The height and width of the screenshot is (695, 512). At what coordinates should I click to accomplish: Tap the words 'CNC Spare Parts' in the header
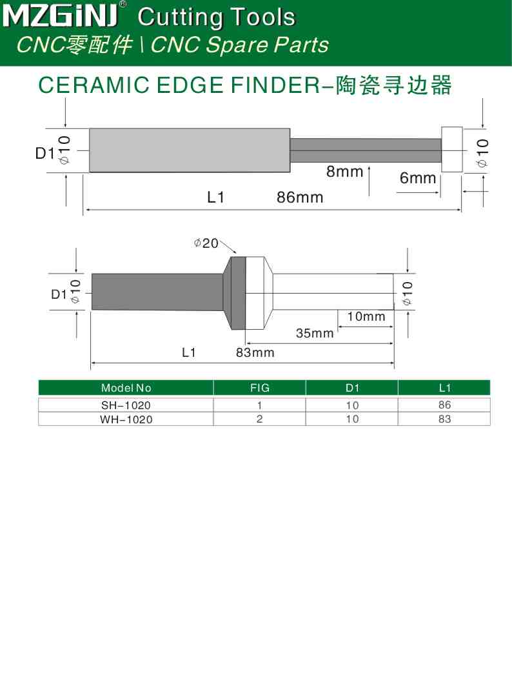[239, 45]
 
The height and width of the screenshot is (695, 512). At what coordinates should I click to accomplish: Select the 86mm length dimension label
[300, 197]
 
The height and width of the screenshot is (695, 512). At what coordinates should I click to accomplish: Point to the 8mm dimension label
[345, 172]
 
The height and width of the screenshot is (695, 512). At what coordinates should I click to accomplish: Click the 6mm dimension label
[418, 178]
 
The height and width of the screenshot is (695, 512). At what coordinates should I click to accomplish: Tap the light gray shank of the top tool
[189, 150]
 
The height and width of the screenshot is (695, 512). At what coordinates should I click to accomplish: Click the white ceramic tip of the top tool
[452, 149]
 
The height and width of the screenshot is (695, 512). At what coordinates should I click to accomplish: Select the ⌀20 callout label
[206, 243]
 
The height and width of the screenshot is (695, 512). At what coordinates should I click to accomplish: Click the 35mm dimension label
[315, 333]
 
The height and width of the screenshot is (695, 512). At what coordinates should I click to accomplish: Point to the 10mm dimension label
[366, 316]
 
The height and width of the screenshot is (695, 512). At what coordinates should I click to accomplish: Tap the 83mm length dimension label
[255, 352]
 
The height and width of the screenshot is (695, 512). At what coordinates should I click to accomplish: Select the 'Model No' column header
[126, 388]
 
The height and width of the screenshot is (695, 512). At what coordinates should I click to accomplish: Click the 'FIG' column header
[259, 388]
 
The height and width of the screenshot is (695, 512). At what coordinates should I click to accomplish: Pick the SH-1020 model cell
[126, 405]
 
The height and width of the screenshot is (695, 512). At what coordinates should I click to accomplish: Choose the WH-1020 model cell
[126, 419]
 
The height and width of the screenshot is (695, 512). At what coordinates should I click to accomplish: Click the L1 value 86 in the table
[444, 405]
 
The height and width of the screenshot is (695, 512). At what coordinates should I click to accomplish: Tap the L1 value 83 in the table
[444, 419]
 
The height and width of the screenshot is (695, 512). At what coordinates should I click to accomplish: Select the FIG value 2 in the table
[259, 419]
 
